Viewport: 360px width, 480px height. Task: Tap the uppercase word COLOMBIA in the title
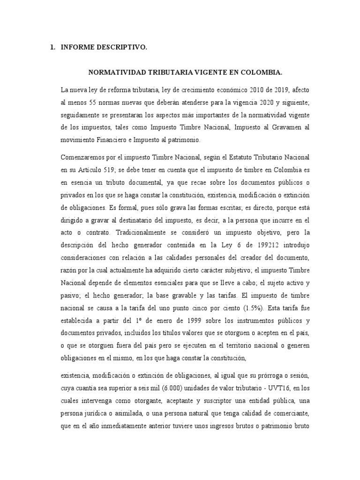pos(261,73)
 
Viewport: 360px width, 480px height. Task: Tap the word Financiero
pos(124,140)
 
